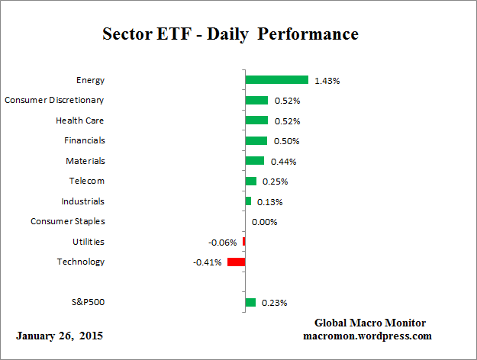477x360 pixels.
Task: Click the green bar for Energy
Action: point(276,80)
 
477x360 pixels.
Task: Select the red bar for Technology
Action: point(236,262)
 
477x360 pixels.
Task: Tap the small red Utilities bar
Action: point(243,242)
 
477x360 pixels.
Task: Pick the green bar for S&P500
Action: point(250,303)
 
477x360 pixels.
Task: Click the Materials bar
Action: point(254,161)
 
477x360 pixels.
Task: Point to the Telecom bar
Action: point(250,182)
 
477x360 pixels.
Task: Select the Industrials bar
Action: point(248,201)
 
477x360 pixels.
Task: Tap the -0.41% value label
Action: point(208,262)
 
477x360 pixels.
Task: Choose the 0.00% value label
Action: point(264,222)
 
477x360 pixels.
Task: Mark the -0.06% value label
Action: point(222,242)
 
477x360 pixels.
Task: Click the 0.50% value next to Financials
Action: point(286,141)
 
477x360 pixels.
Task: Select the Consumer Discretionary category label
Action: point(54,100)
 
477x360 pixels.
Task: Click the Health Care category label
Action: point(80,121)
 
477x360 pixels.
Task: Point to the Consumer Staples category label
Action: point(68,221)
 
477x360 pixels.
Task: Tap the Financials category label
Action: point(85,140)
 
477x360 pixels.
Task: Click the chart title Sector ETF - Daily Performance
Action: point(230,34)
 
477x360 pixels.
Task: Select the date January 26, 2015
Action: point(59,336)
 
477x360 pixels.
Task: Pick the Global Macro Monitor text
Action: point(369,323)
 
